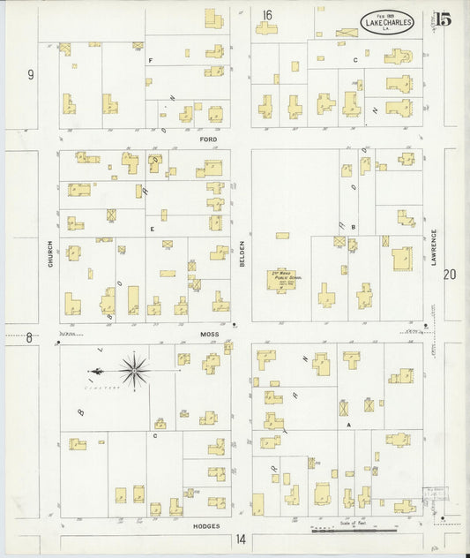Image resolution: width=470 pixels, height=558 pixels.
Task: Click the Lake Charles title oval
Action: click(387, 23)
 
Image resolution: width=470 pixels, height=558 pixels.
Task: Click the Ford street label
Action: click(208, 139)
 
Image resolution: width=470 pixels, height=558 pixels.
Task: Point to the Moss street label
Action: click(208, 336)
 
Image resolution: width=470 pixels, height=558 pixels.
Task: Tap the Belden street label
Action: click(242, 253)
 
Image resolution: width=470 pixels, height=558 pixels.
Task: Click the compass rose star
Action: click(133, 369)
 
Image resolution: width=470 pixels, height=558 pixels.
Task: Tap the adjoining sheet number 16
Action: click(266, 14)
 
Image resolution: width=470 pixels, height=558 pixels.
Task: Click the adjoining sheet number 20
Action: click(450, 275)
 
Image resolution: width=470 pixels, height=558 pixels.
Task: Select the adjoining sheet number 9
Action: click(30, 75)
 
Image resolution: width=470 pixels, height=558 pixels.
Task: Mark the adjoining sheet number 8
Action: click(28, 337)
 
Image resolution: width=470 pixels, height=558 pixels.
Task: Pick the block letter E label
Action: click(153, 229)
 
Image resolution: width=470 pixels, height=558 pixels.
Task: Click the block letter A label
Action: click(349, 424)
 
